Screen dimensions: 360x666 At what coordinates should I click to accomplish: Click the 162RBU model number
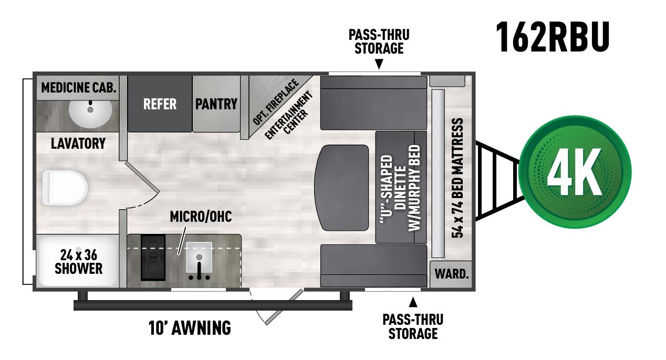[x=553, y=37]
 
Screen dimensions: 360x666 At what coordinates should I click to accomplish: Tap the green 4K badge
[x=575, y=172]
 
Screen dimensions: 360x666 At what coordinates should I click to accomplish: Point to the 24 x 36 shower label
[x=78, y=262]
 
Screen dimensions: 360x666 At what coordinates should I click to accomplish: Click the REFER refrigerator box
[x=160, y=104]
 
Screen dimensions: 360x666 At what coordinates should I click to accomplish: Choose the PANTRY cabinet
[x=216, y=104]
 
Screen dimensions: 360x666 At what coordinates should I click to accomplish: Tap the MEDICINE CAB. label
[x=78, y=87]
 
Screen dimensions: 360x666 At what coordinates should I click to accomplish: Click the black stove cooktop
[x=153, y=257]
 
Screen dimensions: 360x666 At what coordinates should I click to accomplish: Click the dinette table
[x=341, y=188]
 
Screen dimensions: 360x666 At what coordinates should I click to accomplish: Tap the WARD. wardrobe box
[x=451, y=274]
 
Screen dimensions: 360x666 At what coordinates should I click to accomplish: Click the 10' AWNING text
[x=190, y=328]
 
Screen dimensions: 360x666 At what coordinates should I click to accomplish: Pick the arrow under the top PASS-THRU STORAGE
[x=379, y=65]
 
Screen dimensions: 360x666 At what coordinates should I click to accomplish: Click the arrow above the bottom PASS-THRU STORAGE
[x=413, y=302]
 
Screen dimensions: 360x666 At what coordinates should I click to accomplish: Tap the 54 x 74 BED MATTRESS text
[x=458, y=178]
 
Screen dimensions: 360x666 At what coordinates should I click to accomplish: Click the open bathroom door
[x=142, y=178]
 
